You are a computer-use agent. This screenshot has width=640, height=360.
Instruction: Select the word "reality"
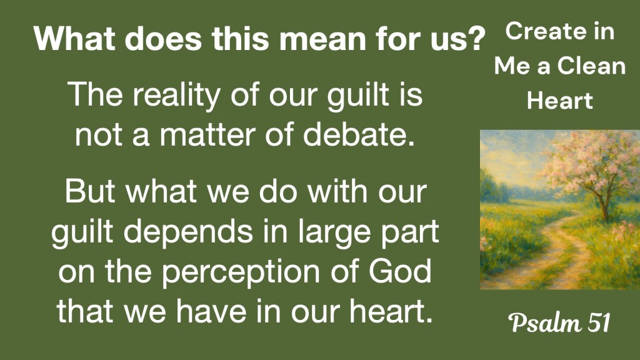click(x=176, y=96)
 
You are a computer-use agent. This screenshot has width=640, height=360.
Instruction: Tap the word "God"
click(x=400, y=271)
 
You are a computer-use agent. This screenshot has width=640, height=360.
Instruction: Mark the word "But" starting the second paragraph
click(x=90, y=191)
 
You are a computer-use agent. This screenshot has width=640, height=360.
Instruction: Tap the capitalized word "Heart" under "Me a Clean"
click(x=559, y=101)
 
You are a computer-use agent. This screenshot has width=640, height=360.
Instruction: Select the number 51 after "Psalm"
click(x=599, y=322)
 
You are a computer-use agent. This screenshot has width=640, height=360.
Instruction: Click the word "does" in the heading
click(x=163, y=39)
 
